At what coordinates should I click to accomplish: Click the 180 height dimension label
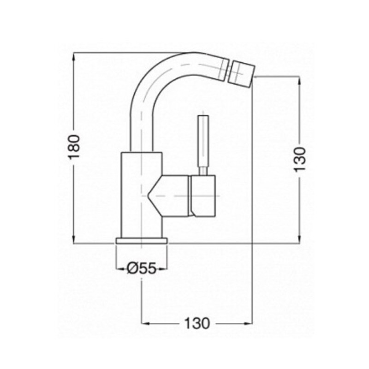pos(74,147)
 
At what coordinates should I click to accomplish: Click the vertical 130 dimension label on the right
pos(300,160)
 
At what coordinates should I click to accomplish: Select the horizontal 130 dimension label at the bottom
pos(197,323)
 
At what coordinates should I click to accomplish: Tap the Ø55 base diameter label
pos(142,268)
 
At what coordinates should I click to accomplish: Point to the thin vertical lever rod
pos(203,141)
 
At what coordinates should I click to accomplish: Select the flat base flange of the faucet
pos(142,240)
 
